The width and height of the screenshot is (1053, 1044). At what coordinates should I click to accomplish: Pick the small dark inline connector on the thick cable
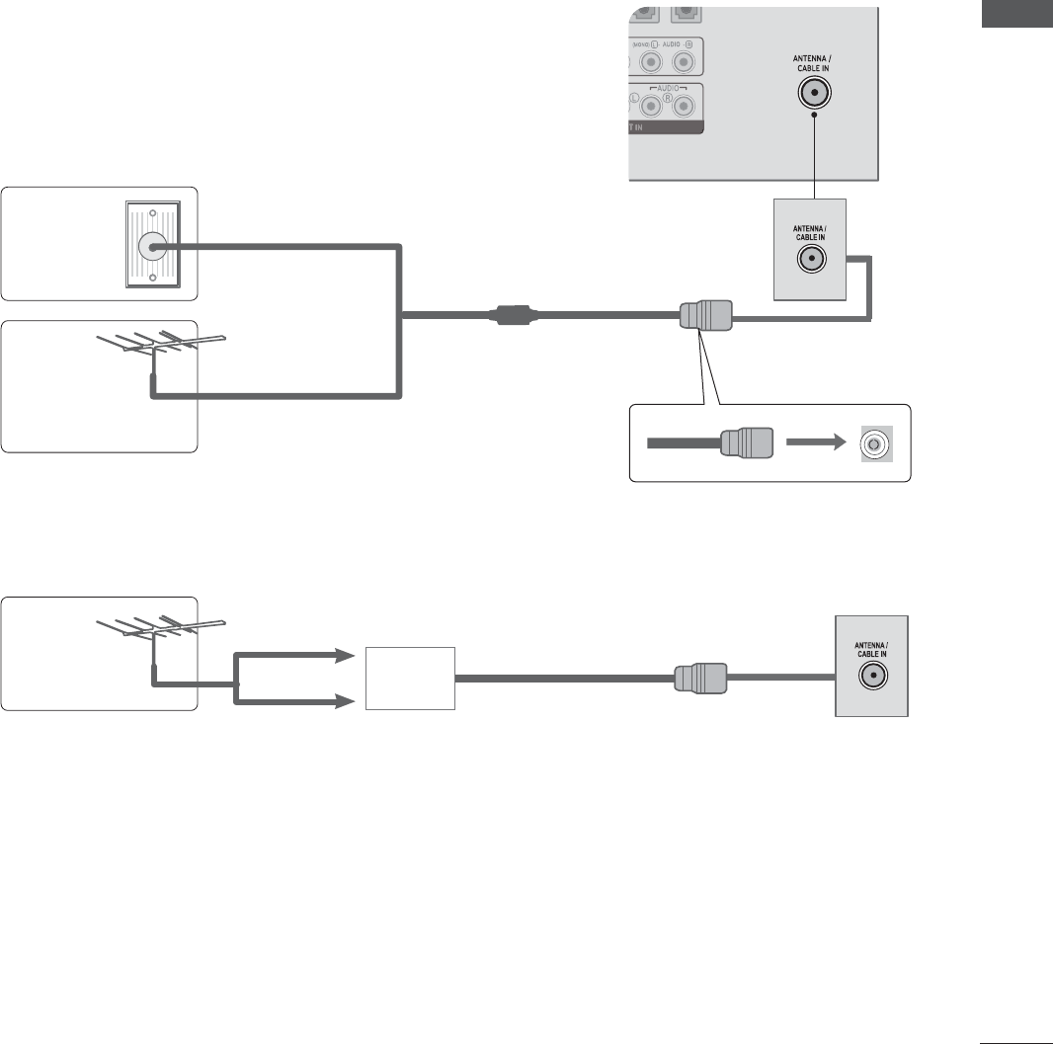pos(511,317)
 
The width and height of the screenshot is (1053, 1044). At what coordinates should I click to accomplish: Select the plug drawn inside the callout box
pos(747,443)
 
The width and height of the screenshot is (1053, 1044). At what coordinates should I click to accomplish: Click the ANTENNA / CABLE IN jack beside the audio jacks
pos(814,94)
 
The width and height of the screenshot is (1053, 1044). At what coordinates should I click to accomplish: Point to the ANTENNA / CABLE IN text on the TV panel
pos(814,65)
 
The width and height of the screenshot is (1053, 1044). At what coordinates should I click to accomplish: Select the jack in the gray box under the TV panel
pos(811,260)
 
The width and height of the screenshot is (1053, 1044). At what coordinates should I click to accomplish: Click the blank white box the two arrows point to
pos(410,678)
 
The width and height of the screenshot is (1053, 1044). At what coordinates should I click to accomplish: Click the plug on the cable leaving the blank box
pos(700,678)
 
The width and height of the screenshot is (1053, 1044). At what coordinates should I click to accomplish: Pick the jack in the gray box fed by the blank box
pos(871,677)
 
